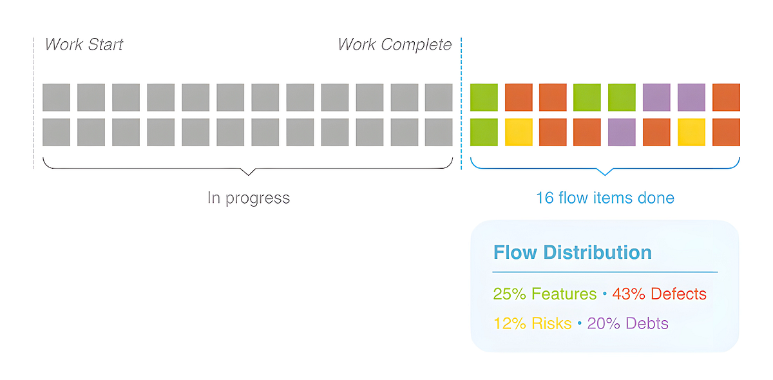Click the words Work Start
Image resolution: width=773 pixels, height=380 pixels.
point(84,45)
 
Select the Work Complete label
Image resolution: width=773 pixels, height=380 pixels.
point(395,45)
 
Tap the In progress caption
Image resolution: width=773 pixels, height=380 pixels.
point(249,198)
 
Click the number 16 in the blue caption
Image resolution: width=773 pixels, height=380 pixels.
point(545,198)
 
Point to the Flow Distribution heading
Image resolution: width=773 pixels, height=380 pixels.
point(572,252)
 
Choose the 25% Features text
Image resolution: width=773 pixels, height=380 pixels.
point(545,294)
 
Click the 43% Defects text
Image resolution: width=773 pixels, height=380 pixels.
point(659,294)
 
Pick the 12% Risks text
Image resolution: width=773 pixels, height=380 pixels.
point(533,323)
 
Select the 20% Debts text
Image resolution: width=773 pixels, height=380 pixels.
point(628,323)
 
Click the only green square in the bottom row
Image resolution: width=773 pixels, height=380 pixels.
point(484,132)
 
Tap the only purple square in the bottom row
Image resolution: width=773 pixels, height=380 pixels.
point(622,132)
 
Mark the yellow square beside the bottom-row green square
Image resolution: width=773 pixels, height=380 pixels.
point(519,132)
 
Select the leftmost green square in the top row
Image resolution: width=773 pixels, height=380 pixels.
point(484,97)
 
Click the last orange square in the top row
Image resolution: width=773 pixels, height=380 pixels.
point(726,97)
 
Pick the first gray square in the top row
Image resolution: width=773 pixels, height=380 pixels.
point(57,97)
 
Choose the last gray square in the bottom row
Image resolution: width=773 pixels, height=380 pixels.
point(439,132)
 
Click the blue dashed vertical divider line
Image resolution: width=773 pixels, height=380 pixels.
point(461,103)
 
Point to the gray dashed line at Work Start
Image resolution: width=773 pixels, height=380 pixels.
point(33,103)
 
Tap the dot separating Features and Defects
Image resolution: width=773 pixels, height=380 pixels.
point(605,295)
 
